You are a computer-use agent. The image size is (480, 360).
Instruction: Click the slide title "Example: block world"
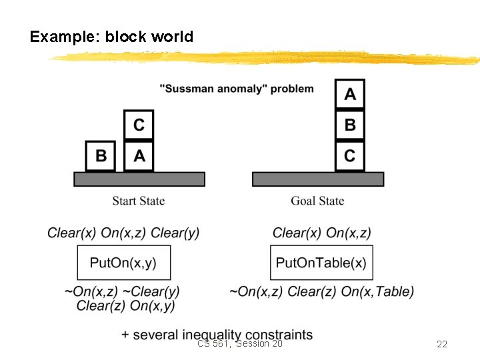coord(111,37)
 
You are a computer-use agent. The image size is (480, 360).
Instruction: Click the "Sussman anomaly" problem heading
coord(237,89)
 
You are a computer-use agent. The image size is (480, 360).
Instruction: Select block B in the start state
coord(101,156)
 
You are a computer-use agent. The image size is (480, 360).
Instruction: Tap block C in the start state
coord(139,125)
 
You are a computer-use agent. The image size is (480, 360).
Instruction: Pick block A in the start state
coord(139,156)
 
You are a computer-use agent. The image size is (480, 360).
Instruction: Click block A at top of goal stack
coord(350,95)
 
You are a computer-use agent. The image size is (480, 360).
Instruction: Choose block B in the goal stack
coord(350,125)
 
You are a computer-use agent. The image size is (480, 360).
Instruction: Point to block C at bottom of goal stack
coord(350,156)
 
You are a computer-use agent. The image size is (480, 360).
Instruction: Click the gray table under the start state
coord(139,179)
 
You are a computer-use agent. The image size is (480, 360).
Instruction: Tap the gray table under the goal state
coord(318,179)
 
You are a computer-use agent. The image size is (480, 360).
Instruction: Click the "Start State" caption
coord(139,201)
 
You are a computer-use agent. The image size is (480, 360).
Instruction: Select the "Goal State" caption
coord(317,201)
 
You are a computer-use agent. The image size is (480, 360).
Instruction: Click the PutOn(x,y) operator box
coord(123,263)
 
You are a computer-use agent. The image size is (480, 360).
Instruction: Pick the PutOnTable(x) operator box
coord(321,263)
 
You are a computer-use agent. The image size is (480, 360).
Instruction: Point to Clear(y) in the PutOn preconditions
coord(175,233)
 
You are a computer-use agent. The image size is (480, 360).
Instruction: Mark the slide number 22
coord(441,344)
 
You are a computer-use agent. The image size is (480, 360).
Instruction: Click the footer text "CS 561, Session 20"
coord(240,343)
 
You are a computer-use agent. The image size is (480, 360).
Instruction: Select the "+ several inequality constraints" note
coord(217,334)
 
